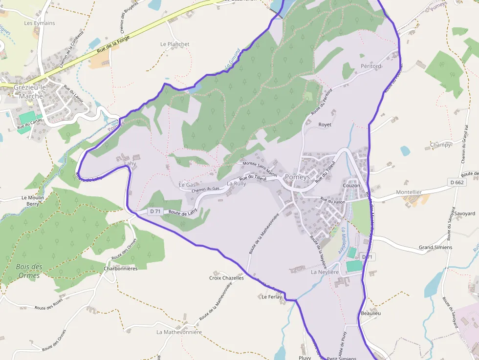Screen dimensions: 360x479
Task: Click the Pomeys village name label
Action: click(297, 177)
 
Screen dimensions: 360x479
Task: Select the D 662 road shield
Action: click(457, 182)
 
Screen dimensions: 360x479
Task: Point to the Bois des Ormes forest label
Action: click(29, 271)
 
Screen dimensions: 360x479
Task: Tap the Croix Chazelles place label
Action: click(226, 278)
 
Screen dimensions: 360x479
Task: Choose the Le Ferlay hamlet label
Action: click(272, 296)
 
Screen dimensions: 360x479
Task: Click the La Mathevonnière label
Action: click(179, 332)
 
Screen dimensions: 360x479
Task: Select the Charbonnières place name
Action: click(121, 268)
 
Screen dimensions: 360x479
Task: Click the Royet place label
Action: click(325, 125)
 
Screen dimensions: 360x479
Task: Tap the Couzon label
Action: click(351, 186)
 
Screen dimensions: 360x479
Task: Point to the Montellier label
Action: click(409, 192)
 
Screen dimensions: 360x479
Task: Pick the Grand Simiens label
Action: click(435, 247)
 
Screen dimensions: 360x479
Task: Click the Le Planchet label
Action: click(175, 44)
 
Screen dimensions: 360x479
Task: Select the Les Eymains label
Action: click(40, 23)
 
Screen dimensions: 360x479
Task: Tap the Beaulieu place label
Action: click(370, 313)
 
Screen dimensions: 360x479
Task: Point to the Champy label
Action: click(440, 145)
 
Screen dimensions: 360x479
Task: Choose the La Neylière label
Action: click(325, 272)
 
